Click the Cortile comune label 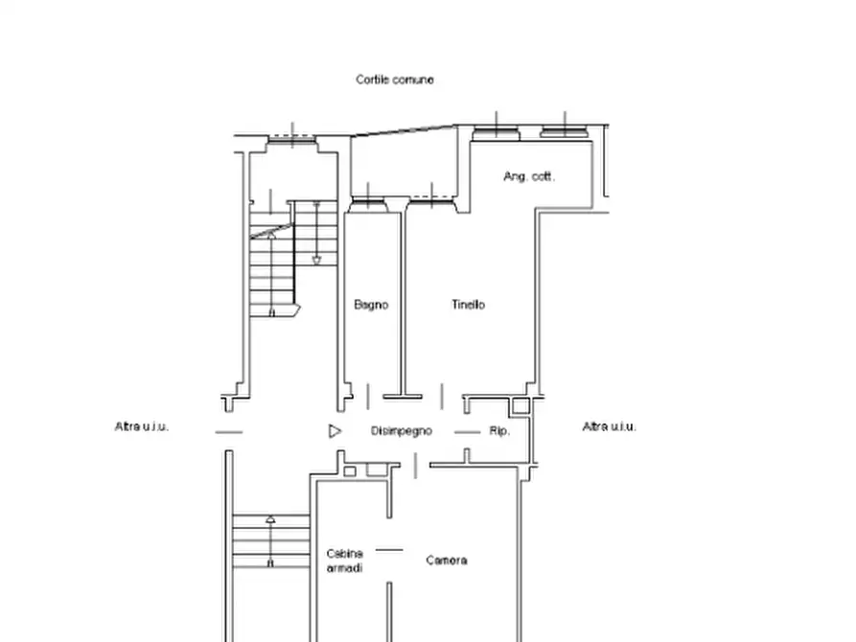tap(395, 80)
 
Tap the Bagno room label tap(371, 305)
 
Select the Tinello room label tap(469, 304)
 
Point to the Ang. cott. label tap(529, 176)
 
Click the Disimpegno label tap(402, 431)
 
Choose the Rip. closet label tap(499, 431)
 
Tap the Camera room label tap(447, 561)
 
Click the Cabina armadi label tap(344, 561)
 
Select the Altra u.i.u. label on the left tap(142, 426)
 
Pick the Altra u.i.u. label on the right tap(610, 426)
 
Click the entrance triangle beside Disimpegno tap(335, 431)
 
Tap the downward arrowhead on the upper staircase tap(316, 260)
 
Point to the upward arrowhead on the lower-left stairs tap(270, 519)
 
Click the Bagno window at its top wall tap(368, 204)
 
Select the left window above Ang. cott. tap(497, 132)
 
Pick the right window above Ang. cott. tap(565, 132)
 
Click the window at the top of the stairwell tap(292, 140)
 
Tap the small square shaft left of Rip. tap(521, 405)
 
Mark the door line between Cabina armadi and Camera tap(389, 550)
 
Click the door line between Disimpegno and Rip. tap(468, 432)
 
